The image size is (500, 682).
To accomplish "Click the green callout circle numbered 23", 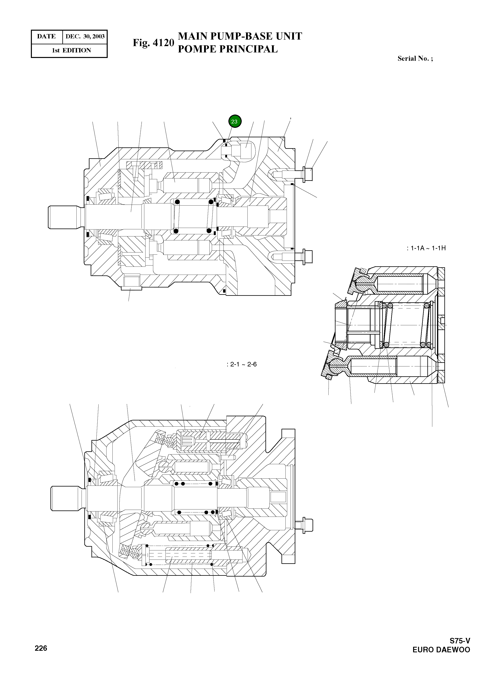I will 235,121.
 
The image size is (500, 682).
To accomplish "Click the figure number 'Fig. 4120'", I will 153,43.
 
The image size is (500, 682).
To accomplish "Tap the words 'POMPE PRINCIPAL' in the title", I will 228,49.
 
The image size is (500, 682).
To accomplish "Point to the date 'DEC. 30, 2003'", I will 85,37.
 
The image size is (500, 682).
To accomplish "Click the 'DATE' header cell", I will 46,37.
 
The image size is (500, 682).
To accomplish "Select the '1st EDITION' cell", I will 71,50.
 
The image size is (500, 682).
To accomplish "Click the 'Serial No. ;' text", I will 415,59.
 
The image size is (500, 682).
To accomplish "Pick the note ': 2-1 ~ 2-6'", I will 241,364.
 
